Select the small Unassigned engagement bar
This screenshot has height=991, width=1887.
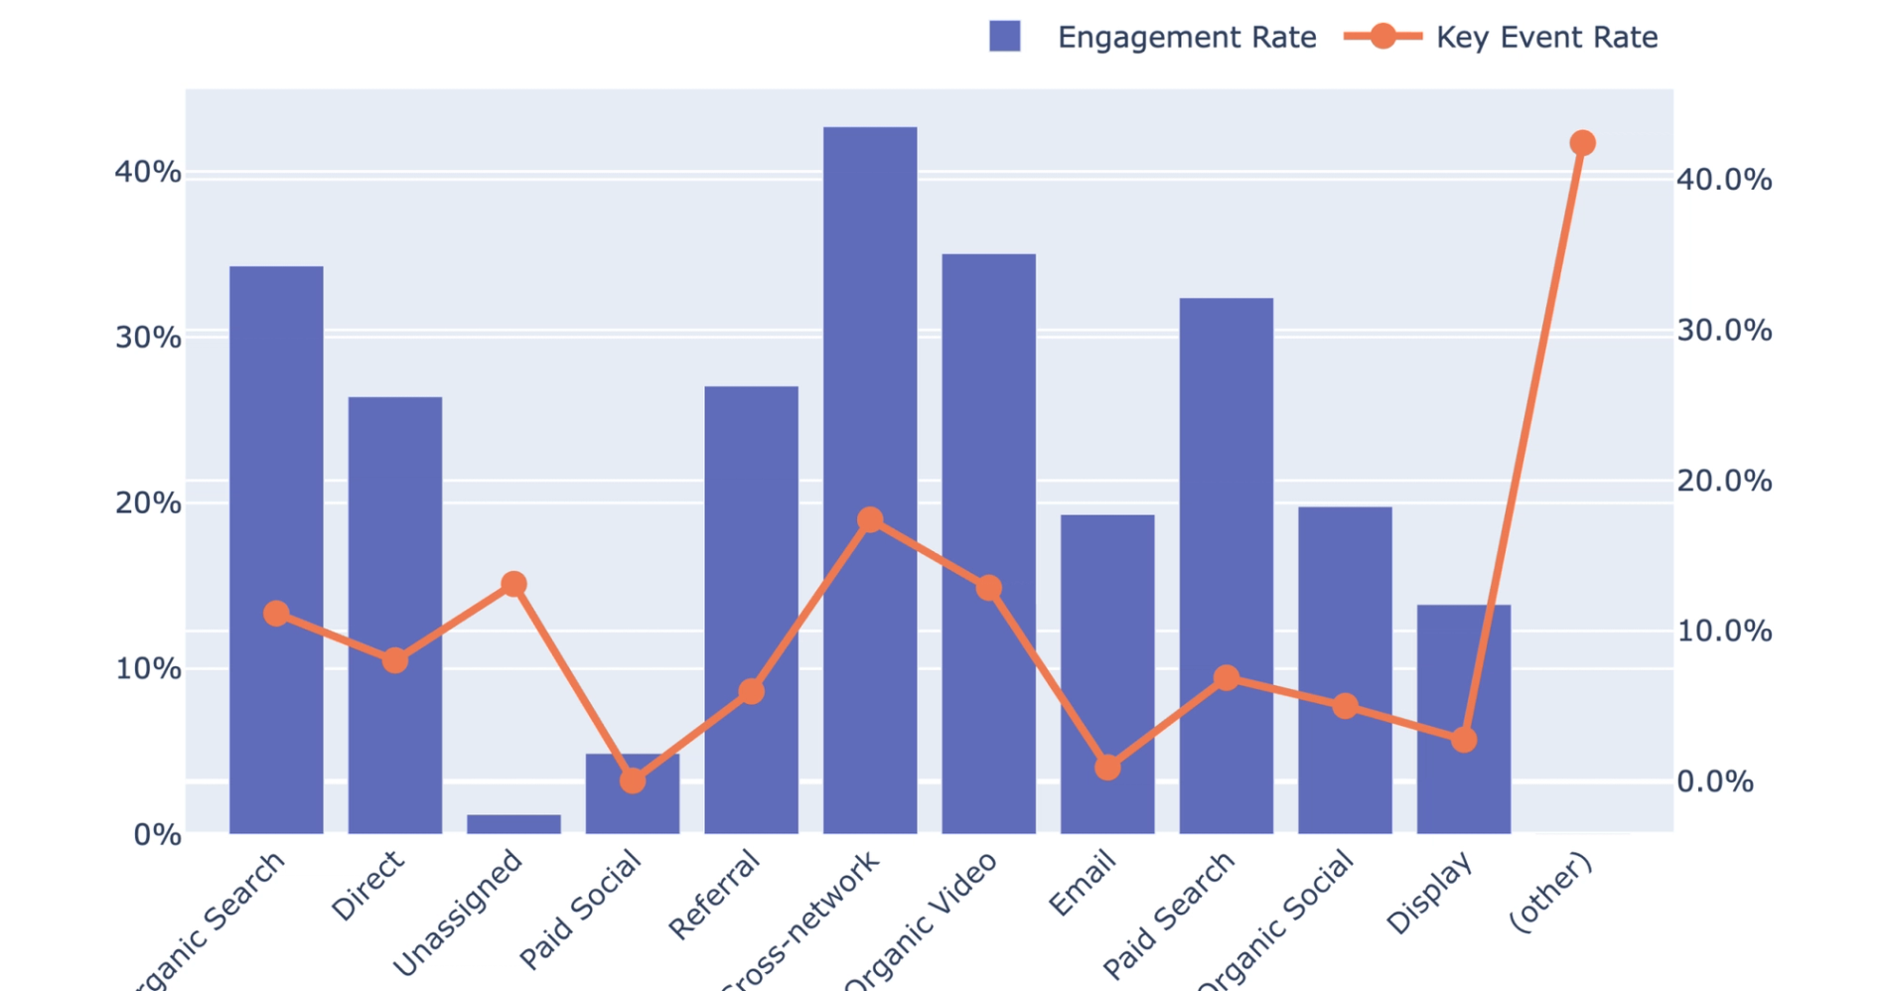[x=513, y=824]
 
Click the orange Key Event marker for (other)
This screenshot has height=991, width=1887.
[x=1582, y=143]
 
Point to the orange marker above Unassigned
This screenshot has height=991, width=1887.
[x=513, y=584]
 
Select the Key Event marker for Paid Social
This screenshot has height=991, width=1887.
[x=633, y=780]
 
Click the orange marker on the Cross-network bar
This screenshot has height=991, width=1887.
[x=870, y=519]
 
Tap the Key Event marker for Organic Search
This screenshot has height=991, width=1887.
[x=276, y=614]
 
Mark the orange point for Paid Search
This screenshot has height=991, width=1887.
[x=1227, y=678]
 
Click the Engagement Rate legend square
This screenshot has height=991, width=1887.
[x=1004, y=37]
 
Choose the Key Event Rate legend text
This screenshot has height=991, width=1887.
[x=1546, y=38]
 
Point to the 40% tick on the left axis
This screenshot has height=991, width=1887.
[x=148, y=172]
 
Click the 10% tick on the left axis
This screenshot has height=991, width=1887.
[x=148, y=668]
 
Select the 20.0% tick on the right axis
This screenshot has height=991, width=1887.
[x=1724, y=481]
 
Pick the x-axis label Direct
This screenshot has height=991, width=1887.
[x=367, y=885]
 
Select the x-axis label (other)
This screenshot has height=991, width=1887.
[x=1550, y=891]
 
